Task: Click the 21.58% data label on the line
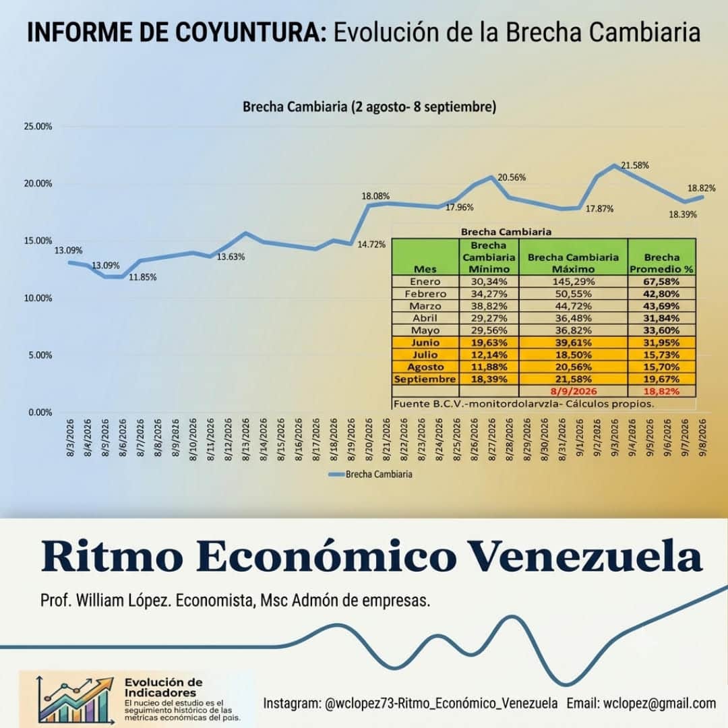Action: tap(635, 165)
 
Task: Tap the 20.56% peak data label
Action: tap(512, 177)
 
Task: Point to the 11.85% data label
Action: tap(142, 277)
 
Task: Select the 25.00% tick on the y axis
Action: tap(38, 126)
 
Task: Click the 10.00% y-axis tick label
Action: tap(38, 298)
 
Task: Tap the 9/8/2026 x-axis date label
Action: tap(702, 438)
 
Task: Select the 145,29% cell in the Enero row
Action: tap(574, 281)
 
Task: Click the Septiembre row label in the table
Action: tap(425, 379)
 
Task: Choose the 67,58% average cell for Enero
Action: tap(662, 281)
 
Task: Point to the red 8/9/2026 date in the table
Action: tap(574, 391)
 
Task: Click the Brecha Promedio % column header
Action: tap(662, 264)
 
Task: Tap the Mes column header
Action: tap(425, 269)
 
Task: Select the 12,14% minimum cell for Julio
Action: tap(489, 355)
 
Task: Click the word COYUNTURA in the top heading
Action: tap(251, 32)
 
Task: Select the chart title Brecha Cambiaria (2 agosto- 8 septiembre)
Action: tap(369, 107)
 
